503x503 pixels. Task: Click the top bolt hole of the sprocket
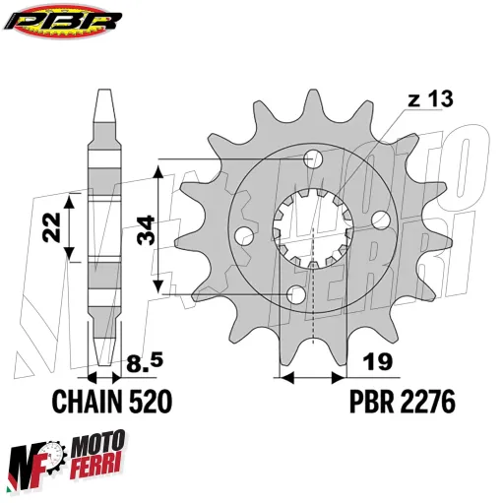pyautogui.click(x=314, y=159)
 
